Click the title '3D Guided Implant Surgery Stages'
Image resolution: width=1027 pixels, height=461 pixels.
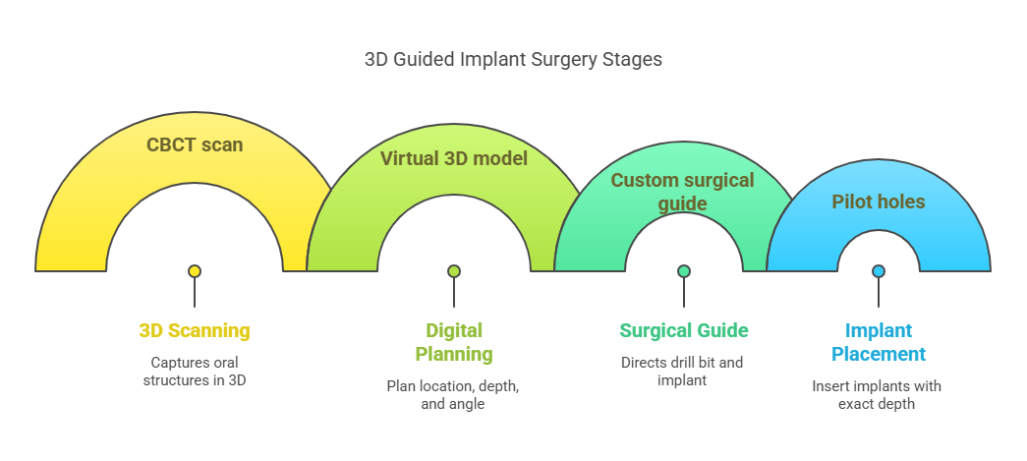coord(513,60)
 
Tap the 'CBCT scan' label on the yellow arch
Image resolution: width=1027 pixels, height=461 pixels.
coord(195,144)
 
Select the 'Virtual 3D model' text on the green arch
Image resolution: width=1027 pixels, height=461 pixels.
coord(454,159)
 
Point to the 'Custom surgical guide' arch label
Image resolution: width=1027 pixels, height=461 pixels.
coord(682,192)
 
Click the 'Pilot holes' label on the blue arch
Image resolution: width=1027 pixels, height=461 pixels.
coord(879,202)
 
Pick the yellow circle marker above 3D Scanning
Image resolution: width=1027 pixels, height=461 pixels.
coord(195,271)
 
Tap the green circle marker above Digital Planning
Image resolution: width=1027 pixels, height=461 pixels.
coord(454,271)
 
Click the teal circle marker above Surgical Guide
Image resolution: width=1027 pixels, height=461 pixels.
coord(684,271)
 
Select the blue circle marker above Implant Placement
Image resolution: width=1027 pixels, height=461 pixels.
coord(879,271)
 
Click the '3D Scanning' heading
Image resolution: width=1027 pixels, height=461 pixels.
coord(195,330)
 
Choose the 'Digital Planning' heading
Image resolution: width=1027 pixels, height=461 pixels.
coord(454,342)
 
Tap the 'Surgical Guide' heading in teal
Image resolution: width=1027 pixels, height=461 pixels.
coord(684,330)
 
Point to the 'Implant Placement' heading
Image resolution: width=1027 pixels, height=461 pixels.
coord(879,342)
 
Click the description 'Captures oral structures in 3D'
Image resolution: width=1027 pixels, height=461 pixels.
coord(195,372)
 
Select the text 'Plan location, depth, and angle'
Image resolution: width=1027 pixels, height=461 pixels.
coord(453,395)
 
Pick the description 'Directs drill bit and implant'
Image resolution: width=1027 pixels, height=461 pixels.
coord(682,372)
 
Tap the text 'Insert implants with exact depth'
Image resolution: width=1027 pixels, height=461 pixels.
coord(877,395)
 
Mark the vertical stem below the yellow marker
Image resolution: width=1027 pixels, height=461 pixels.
coord(195,292)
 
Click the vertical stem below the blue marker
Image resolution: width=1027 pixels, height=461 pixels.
coord(879,292)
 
